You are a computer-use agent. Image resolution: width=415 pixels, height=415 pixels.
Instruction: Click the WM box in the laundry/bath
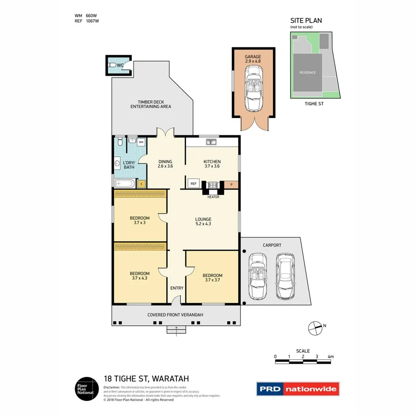pyautogui.click(x=141, y=142)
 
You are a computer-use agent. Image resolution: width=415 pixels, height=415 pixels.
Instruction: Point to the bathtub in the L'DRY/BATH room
pyautogui.click(x=125, y=183)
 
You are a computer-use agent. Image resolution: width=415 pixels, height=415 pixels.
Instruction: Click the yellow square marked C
pyautogui.click(x=141, y=183)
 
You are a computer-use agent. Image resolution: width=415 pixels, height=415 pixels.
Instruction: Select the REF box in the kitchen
pyautogui.click(x=194, y=183)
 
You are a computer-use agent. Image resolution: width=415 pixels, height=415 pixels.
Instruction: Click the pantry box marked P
pyautogui.click(x=231, y=183)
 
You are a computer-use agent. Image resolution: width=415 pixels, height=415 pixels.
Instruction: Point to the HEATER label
pyautogui.click(x=213, y=197)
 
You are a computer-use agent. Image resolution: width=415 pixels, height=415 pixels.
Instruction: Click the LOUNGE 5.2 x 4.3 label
pyautogui.click(x=203, y=221)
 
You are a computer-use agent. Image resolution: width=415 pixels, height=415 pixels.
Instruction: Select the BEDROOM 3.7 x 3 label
pyautogui.click(x=139, y=220)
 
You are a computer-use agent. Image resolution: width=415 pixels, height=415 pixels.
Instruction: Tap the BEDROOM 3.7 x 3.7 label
pyautogui.click(x=212, y=278)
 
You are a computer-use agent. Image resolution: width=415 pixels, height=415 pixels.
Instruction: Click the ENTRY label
pyautogui.click(x=177, y=288)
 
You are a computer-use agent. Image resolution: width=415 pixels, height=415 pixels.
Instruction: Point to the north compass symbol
pyautogui.click(x=314, y=328)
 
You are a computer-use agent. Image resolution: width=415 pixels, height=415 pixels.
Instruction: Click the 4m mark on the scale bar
pyautogui.click(x=330, y=357)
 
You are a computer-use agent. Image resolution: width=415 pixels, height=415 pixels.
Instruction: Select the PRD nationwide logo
pyautogui.click(x=297, y=389)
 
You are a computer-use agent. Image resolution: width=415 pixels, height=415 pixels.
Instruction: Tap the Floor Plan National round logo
pyautogui.click(x=85, y=389)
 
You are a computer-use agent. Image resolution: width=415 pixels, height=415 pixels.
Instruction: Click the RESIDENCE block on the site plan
pyautogui.click(x=307, y=72)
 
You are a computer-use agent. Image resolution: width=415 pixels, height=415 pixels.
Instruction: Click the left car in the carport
pyautogui.click(x=258, y=276)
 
